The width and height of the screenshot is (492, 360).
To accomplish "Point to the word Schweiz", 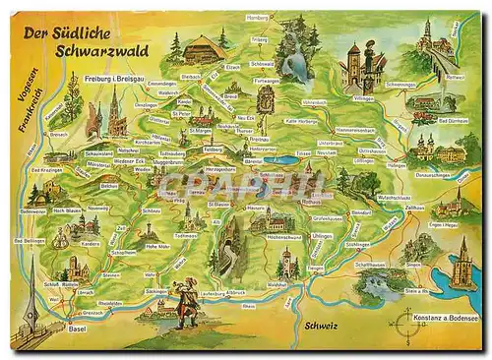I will pos(325,324).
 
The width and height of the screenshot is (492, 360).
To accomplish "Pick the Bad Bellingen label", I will pos(30,240).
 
